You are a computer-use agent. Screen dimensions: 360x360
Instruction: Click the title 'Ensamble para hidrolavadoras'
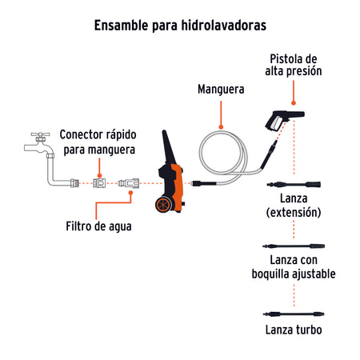tap(180, 25)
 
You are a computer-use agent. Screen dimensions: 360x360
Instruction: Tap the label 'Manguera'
tap(220, 90)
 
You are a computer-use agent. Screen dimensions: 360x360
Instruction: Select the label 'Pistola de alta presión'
tap(294, 64)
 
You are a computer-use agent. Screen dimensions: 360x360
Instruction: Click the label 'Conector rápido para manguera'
tap(98, 142)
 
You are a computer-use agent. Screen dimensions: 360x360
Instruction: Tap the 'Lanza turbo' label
tap(294, 329)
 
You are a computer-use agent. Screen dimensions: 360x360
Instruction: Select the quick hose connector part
tap(98, 183)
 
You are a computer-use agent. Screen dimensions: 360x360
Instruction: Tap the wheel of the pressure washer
tap(166, 205)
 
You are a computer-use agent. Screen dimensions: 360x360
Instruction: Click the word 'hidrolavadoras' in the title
tap(222, 25)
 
